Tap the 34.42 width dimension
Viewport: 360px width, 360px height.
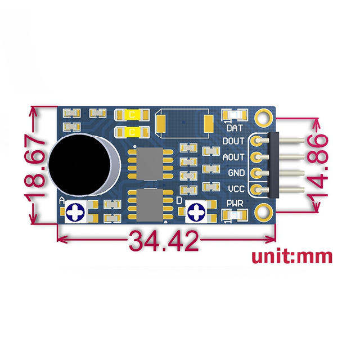pos(164,241)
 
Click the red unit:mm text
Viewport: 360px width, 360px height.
pos(291,257)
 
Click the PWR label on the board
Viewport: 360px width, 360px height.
pos(235,203)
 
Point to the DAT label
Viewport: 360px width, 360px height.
pos(235,128)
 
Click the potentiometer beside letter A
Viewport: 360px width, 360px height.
pos(75,213)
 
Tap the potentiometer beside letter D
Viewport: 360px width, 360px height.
pos(197,213)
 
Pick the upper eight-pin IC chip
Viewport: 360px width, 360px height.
pos(151,163)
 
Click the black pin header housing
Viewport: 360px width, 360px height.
pos(275,165)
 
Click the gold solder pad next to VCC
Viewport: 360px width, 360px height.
pos(256,189)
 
